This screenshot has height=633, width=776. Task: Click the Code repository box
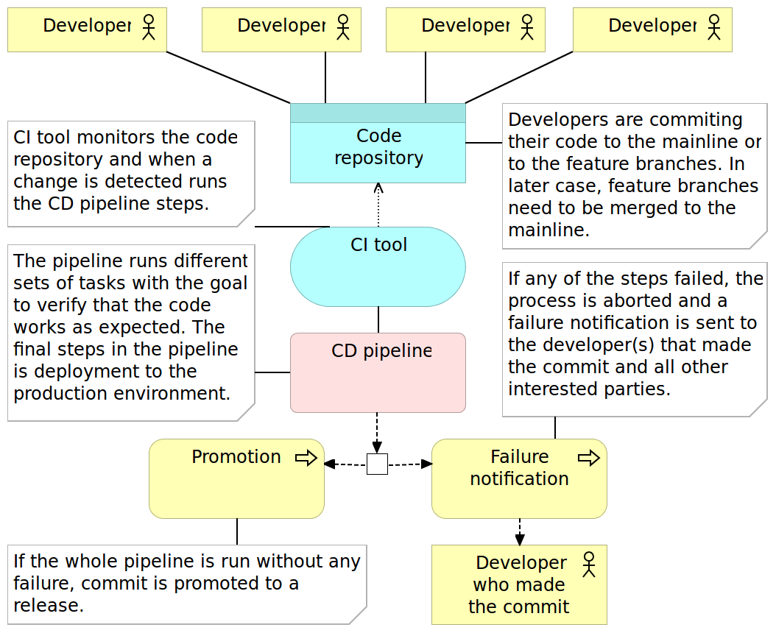click(x=378, y=151)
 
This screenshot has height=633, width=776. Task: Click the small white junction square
click(x=377, y=464)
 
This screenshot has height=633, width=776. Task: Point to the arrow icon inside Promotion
click(x=306, y=459)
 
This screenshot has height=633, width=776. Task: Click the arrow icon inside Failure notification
click(x=588, y=459)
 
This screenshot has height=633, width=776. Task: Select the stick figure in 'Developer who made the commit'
click(x=588, y=565)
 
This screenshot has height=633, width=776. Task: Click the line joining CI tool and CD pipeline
click(x=378, y=319)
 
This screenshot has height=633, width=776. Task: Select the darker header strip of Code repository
click(x=378, y=113)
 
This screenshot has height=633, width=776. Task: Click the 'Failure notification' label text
click(x=519, y=468)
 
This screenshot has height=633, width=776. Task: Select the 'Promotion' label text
click(x=236, y=457)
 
